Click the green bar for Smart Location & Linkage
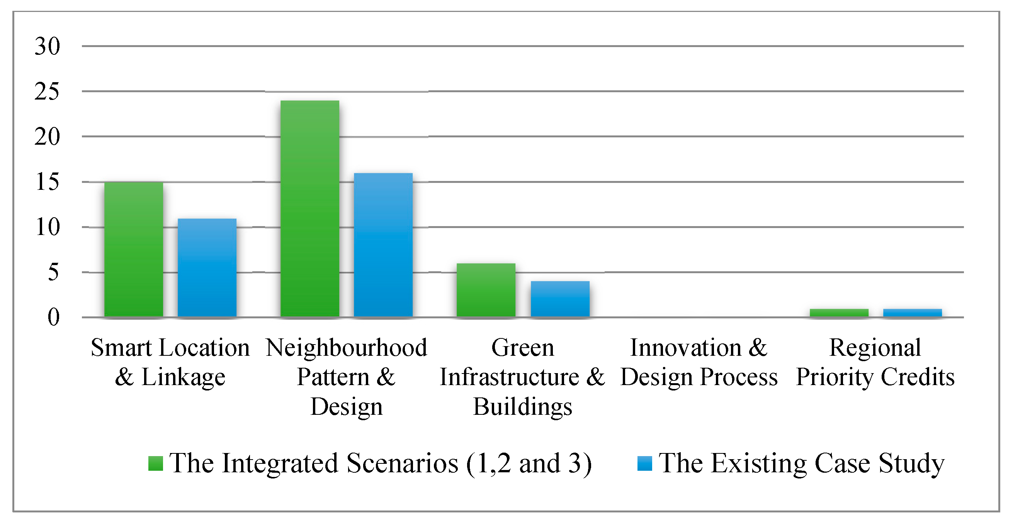[134, 249]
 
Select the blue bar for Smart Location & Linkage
[207, 267]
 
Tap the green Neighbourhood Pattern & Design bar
[310, 209]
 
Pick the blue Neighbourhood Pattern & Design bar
[383, 245]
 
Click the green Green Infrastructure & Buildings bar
[486, 290]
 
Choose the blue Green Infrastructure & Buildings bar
[560, 299]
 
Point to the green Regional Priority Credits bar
[839, 313]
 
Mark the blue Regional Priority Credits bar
[912, 313]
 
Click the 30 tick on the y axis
[47, 46]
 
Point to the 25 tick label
[47, 91]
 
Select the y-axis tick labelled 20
[47, 137]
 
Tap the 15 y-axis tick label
[47, 182]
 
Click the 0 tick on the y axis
[53, 318]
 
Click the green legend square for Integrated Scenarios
[155, 463]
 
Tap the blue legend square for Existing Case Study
[644, 463]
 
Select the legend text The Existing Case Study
[801, 463]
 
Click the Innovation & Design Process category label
[699, 362]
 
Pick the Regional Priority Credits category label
[875, 362]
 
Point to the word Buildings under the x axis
[522, 407]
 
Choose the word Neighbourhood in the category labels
[347, 348]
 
